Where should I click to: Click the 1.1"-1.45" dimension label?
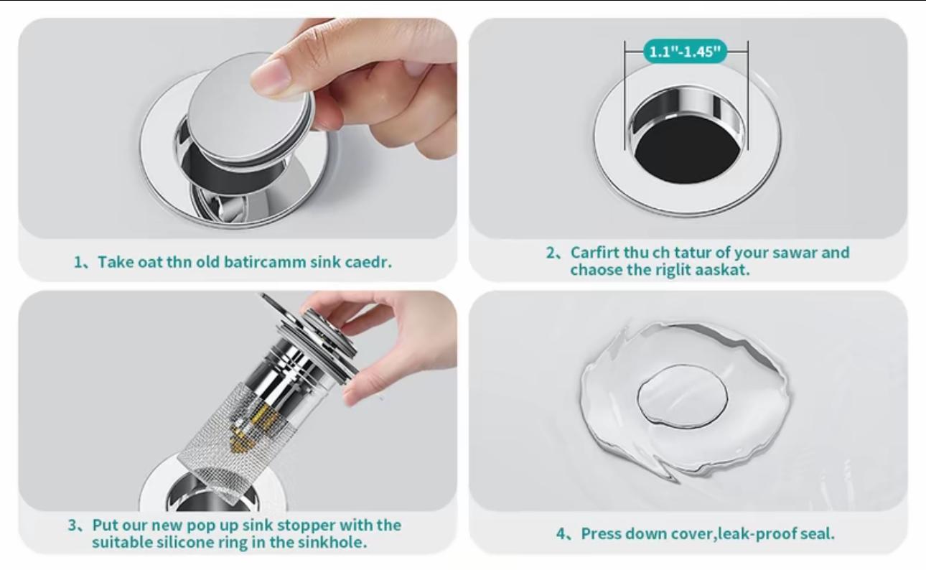pos(686,52)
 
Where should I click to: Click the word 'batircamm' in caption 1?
pos(265,261)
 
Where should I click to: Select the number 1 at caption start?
pos(78,261)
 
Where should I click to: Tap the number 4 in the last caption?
pos(561,533)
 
